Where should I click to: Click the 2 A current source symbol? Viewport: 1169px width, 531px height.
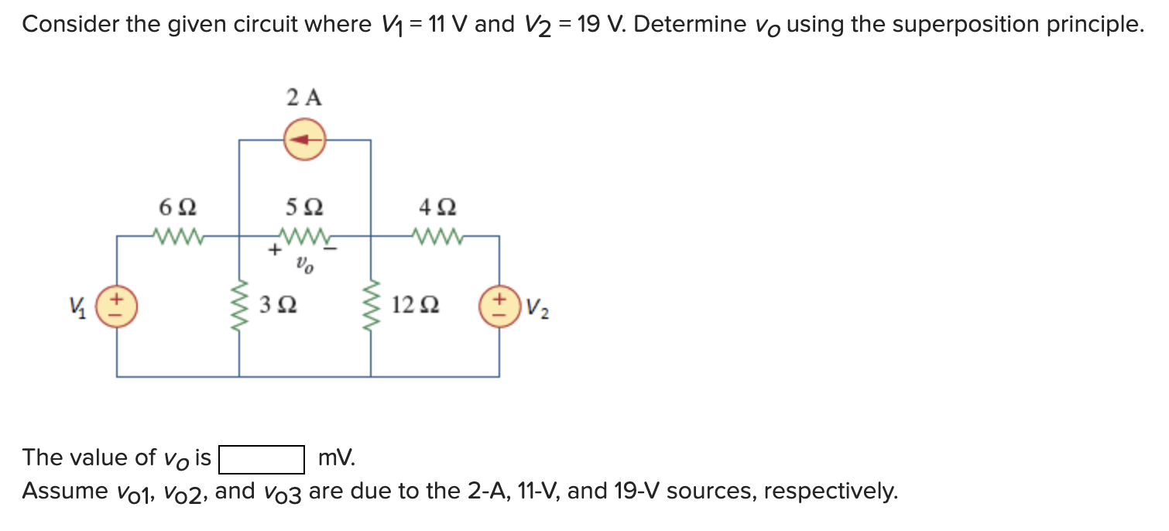[304, 140]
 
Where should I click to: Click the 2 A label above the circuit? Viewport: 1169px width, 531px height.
[304, 98]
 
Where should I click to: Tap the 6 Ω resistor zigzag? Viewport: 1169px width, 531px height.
[177, 235]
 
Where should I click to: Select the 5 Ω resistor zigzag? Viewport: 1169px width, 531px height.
[304, 235]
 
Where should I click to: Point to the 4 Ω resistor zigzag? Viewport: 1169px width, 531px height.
[437, 235]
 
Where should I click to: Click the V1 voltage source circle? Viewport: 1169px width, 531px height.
[117, 306]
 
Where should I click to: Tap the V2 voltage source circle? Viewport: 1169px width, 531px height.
[499, 306]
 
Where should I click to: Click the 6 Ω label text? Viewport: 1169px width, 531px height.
[177, 208]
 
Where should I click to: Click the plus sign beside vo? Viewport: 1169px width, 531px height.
[274, 251]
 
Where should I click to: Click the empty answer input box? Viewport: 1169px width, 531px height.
[261, 459]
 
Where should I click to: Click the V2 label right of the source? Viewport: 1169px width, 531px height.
[538, 309]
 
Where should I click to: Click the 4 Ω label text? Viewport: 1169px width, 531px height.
[437, 208]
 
